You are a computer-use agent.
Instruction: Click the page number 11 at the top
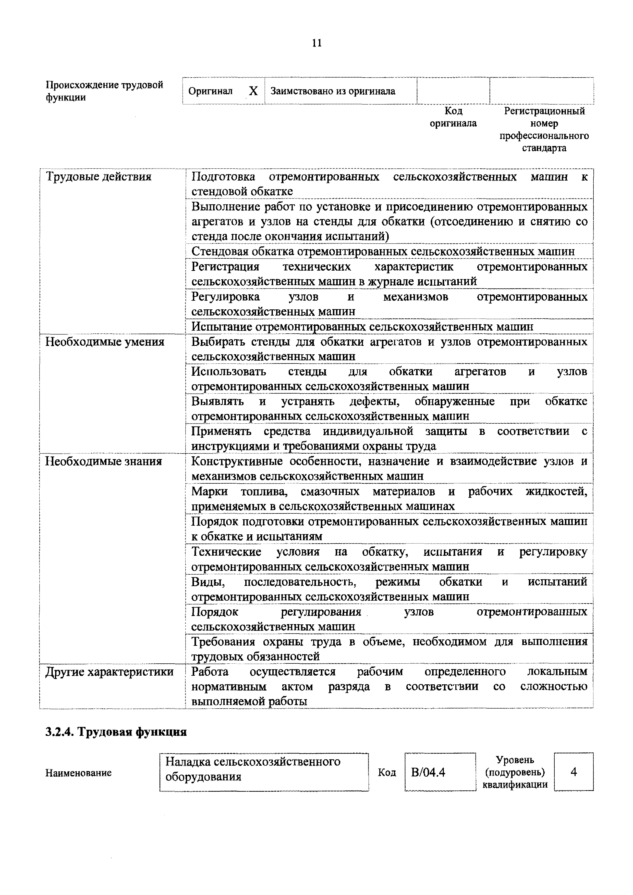tap(317, 43)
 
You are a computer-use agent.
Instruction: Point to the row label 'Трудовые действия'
tap(99, 177)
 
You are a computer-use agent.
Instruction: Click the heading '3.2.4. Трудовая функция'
tap(116, 732)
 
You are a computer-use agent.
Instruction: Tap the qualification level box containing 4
tap(573, 772)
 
